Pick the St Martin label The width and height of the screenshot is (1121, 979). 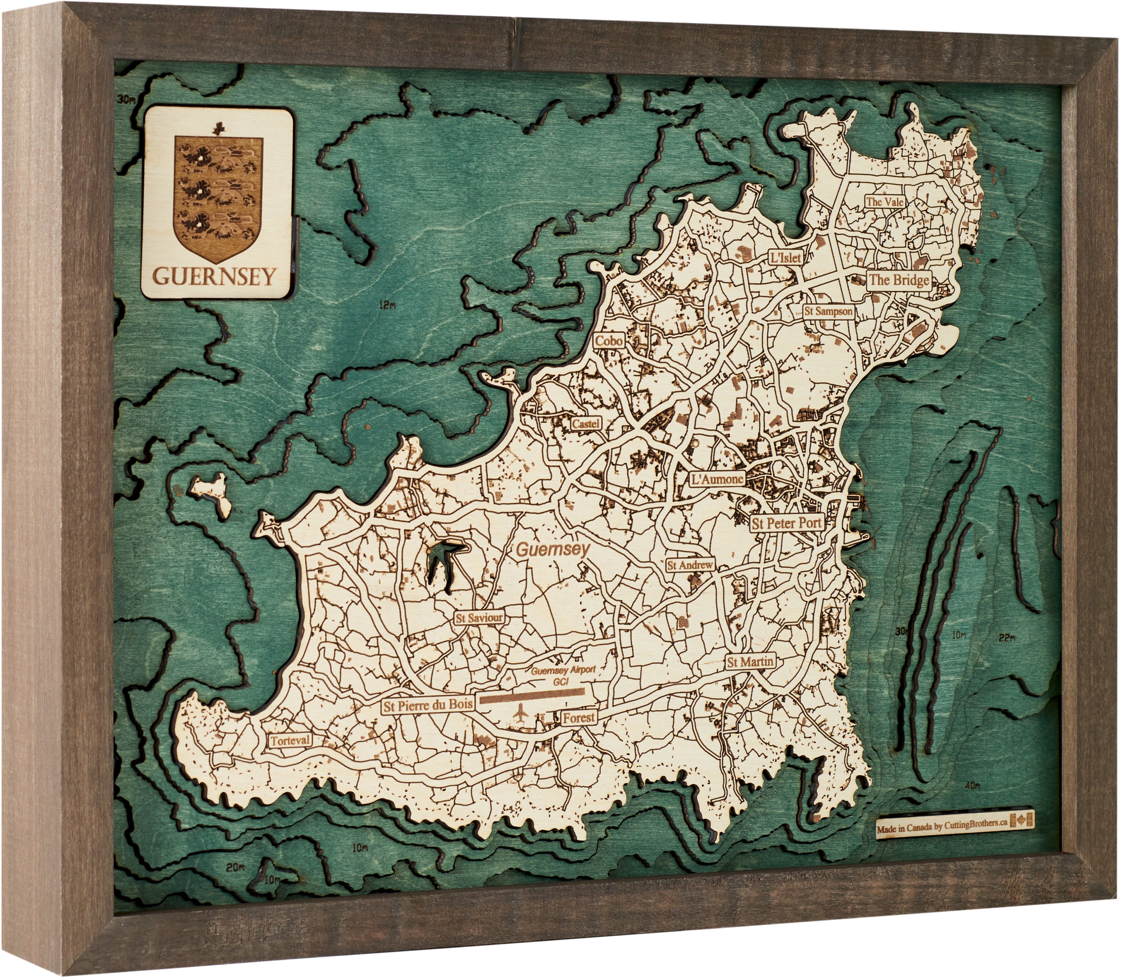pos(750,662)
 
